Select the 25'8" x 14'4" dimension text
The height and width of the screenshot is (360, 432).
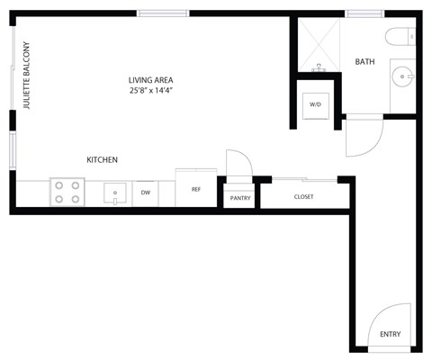click(150, 91)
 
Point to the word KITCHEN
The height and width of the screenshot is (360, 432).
click(102, 160)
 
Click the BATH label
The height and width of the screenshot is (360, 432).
click(364, 62)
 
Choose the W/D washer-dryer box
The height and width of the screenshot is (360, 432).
click(316, 104)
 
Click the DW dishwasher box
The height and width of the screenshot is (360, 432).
click(145, 191)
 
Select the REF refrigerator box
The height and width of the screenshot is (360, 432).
click(195, 190)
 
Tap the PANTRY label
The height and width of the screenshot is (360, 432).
click(240, 197)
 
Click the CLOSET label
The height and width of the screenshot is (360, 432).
click(303, 196)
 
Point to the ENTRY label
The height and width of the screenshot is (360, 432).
click(390, 334)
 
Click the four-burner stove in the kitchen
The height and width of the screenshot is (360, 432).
click(67, 191)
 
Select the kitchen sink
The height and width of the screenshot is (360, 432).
click(115, 192)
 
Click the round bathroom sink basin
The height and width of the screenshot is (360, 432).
click(400, 76)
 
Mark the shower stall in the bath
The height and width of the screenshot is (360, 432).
click(317, 45)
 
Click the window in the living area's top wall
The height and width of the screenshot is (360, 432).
click(163, 13)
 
